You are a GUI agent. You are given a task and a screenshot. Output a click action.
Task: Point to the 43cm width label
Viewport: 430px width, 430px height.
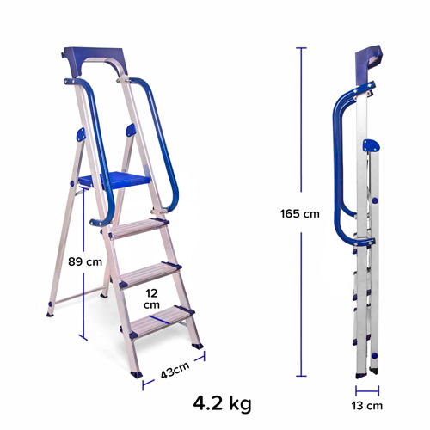pyautogui.click(x=174, y=372)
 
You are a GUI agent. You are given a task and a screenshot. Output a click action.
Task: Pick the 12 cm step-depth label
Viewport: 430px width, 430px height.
pyautogui.click(x=150, y=299)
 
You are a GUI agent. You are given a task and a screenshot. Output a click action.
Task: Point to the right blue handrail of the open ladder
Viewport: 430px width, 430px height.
pyautogui.click(x=169, y=146)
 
